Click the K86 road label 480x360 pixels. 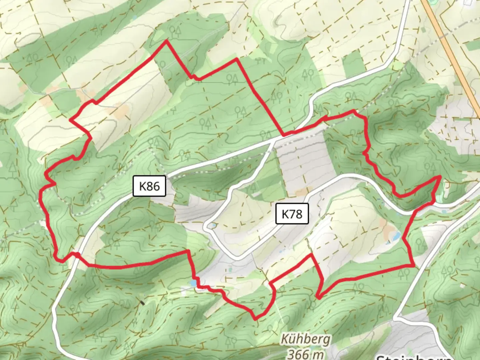pyautogui.click(x=149, y=186)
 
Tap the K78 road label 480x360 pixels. pyautogui.click(x=292, y=214)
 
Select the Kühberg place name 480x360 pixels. pyautogui.click(x=306, y=339)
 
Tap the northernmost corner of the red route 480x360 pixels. pyautogui.click(x=166, y=41)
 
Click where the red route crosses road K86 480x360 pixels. pyautogui.click(x=76, y=255)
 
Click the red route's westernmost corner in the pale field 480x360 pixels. pyautogui.click(x=70, y=119)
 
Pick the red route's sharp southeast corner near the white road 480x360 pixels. pyautogui.click(x=414, y=265)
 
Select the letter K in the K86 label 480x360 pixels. pyautogui.click(x=142, y=186)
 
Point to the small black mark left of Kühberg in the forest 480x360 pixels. pyautogui.click(x=142, y=303)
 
